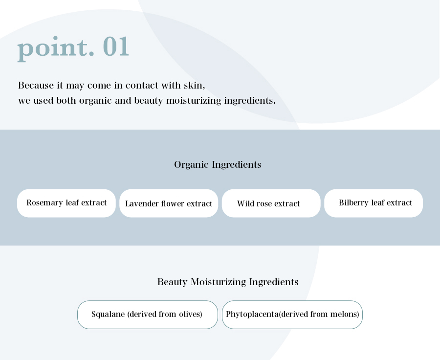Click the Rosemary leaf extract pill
click(x=66, y=203)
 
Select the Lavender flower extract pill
click(x=169, y=203)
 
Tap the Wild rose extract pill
click(x=271, y=203)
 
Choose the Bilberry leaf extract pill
click(x=374, y=203)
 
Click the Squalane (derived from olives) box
click(x=148, y=315)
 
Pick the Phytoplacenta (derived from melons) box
click(x=292, y=315)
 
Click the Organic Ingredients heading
click(x=218, y=164)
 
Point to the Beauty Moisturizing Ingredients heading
click(x=227, y=282)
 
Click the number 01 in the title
click(x=116, y=46)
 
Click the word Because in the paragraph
click(x=36, y=85)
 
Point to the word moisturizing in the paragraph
click(x=194, y=101)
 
